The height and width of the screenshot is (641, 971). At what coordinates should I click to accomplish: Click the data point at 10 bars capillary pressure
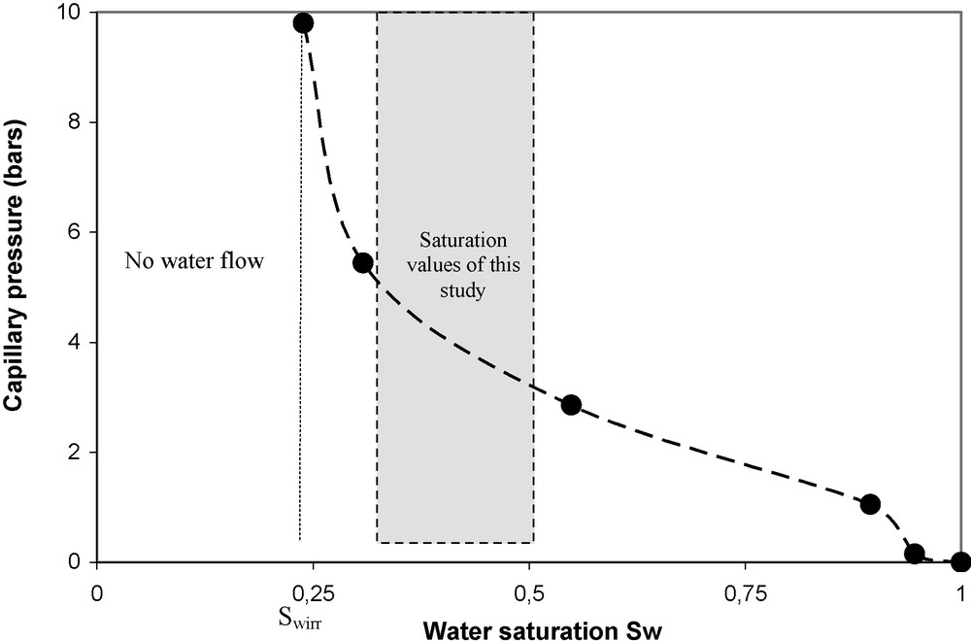[303, 22]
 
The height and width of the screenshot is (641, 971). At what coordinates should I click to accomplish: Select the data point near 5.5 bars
[363, 262]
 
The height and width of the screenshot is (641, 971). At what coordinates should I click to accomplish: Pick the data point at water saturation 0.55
[571, 405]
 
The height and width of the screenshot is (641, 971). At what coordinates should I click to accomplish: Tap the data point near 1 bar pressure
[870, 504]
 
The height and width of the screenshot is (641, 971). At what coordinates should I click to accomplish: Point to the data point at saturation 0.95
[914, 554]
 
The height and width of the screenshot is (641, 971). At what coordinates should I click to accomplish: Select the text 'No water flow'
[194, 260]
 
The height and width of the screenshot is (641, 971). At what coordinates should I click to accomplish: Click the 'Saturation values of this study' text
[455, 264]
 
